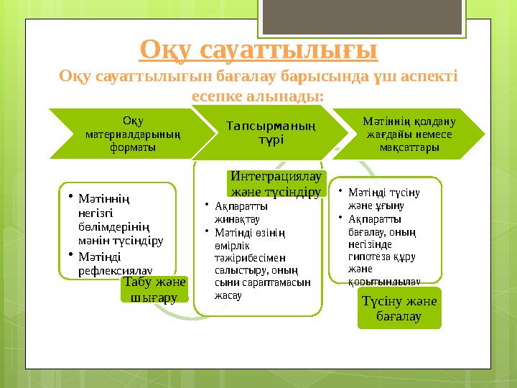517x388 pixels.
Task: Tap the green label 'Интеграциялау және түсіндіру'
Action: point(276,184)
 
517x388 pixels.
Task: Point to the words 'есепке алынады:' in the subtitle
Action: point(258,95)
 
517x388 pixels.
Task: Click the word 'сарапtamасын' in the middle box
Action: point(284,282)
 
